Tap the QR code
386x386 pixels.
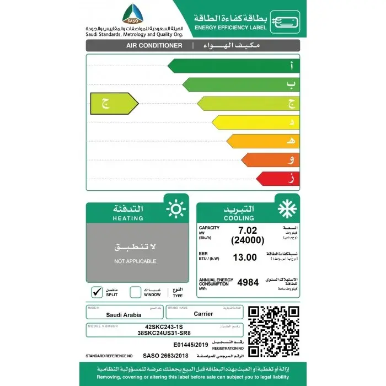[272, 331]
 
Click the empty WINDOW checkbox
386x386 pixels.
[135, 292]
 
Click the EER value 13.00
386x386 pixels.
[245, 257]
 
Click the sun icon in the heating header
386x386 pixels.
[176, 210]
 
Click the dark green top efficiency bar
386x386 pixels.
[232, 66]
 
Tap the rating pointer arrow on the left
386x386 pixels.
[114, 103]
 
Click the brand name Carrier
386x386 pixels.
[203, 314]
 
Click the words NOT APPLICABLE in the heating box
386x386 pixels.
[135, 261]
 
